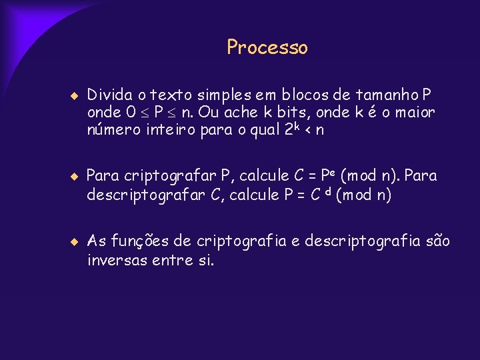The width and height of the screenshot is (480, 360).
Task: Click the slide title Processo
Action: point(267,47)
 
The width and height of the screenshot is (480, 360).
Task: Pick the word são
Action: point(435,241)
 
